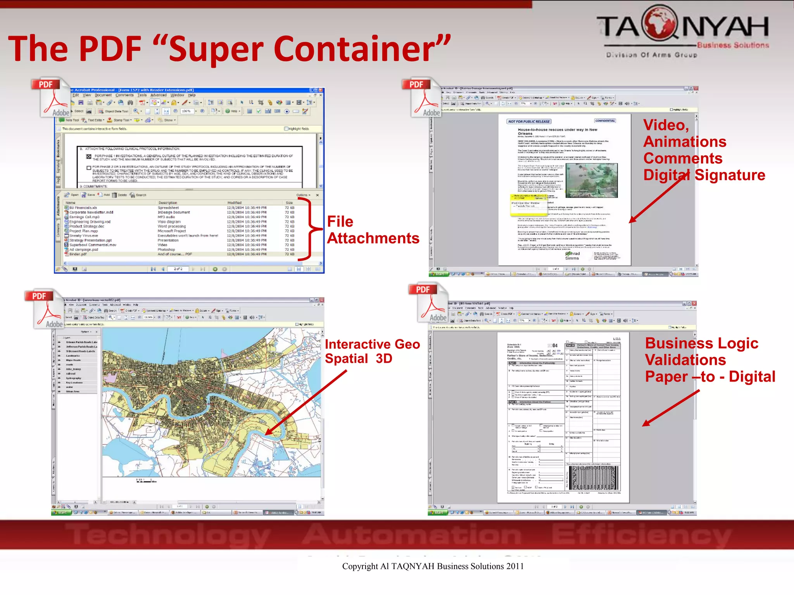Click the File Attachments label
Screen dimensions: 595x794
click(373, 230)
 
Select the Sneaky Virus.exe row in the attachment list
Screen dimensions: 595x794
click(84, 236)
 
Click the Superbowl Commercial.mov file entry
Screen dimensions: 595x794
click(93, 245)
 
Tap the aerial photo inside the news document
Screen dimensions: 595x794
click(591, 180)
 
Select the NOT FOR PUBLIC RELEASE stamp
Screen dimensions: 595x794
click(529, 121)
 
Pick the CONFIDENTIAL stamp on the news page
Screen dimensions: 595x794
click(605, 121)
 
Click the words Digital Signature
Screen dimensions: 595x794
click(704, 175)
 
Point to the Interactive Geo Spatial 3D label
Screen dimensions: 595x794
click(372, 351)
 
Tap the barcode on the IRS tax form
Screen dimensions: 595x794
click(594, 478)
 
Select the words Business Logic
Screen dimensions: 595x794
click(701, 343)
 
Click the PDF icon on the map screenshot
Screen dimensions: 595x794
click(44, 308)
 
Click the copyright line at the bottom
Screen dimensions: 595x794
click(433, 566)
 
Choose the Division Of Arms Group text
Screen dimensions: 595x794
click(651, 55)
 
